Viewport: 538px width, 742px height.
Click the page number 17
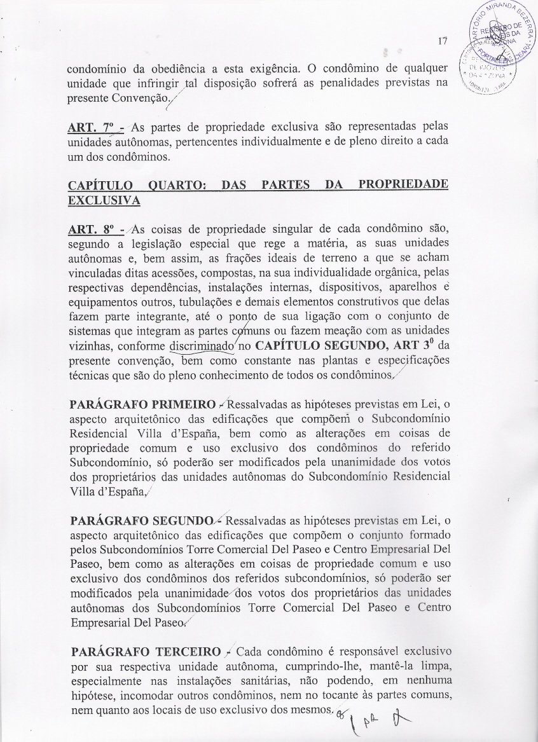[443, 43]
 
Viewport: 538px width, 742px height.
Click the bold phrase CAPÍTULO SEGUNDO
[326, 347]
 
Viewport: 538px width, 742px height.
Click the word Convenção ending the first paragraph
[139, 99]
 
